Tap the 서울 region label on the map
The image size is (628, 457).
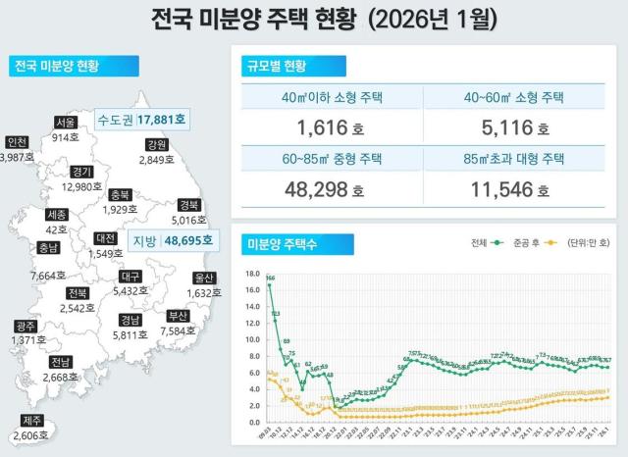(66, 123)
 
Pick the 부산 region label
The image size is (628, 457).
(178, 316)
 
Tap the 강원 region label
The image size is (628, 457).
(155, 144)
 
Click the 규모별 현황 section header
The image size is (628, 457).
(275, 67)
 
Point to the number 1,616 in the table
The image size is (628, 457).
(323, 127)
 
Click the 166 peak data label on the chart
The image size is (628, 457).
(270, 279)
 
